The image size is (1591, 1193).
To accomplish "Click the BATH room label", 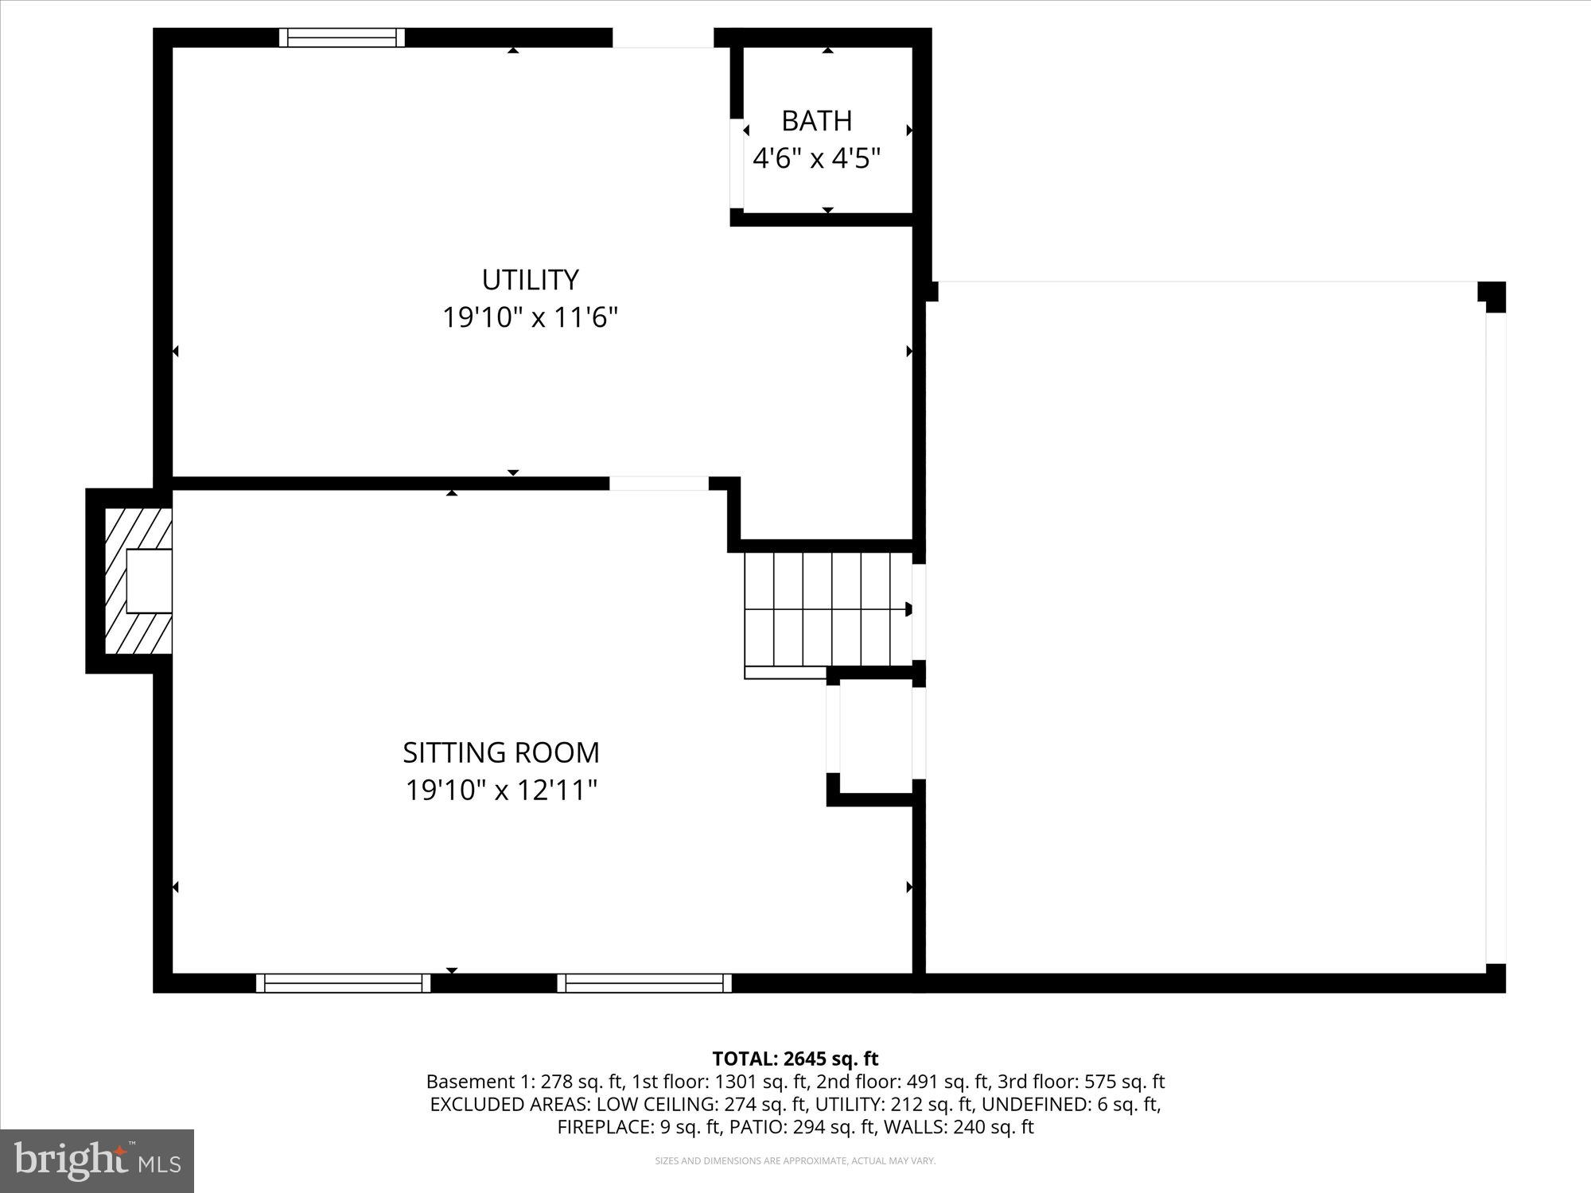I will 816,121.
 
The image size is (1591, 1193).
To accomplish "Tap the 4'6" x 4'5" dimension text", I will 816,159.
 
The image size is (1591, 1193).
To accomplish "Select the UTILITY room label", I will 530,280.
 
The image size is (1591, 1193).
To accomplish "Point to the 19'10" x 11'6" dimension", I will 530,318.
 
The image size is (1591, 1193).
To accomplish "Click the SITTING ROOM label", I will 501,752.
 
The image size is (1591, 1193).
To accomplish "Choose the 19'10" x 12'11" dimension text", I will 501,791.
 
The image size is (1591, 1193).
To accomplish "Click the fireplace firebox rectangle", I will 149,581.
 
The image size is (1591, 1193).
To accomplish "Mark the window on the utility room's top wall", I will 342,37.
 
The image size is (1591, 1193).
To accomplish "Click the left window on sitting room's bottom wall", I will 343,983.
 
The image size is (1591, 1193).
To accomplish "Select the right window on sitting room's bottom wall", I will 644,983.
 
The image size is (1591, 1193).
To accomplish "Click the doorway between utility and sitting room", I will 659,483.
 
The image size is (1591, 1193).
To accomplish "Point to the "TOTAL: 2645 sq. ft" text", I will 795,1059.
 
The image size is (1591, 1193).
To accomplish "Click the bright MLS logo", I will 97,1161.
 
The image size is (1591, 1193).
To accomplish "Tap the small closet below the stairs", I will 875,736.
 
